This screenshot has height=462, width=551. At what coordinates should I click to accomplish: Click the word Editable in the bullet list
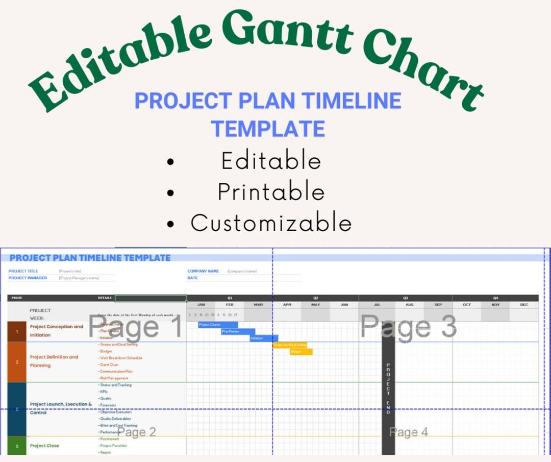pos(271,161)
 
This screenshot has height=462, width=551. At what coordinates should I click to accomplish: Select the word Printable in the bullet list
pos(271,192)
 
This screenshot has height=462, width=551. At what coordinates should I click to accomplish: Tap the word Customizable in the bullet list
pos(271,223)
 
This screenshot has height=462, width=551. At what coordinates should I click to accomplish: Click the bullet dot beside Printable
pos(170,193)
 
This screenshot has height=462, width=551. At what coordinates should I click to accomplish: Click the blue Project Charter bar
pos(218,325)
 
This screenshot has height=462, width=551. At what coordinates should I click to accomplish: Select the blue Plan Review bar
pos(238,331)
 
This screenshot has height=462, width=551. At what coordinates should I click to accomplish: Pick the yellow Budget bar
pos(301,352)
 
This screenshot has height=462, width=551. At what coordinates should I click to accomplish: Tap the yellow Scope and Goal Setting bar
pos(290,345)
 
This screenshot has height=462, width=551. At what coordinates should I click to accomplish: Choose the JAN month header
pos(201,305)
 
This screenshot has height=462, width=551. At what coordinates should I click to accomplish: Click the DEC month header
pos(524,305)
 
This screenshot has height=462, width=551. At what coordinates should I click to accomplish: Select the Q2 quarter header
pos(316,298)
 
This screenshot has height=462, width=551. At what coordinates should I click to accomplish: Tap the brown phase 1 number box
pos(17,331)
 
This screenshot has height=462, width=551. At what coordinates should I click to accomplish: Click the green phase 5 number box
pos(17,446)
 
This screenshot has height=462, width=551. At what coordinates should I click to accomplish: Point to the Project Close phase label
pos(44,446)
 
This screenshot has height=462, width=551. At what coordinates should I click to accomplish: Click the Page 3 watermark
pos(408,327)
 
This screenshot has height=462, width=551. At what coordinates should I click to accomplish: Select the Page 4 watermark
pos(408,432)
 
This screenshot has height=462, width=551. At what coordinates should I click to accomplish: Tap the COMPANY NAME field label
pos(203,271)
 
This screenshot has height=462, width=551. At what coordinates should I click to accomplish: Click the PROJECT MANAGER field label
pos(28,278)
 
